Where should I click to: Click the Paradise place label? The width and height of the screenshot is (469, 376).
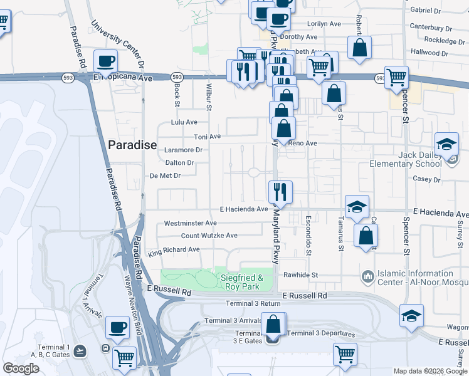(132, 145)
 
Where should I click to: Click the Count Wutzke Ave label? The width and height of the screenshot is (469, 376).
(209, 236)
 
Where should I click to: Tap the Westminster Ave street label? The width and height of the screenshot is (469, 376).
(190, 223)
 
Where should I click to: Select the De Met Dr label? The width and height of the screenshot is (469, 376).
(164, 176)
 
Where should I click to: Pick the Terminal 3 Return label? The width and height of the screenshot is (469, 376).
(253, 304)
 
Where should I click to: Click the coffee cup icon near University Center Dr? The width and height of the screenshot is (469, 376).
(105, 61)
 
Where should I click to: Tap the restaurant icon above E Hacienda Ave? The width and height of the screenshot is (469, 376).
(280, 191)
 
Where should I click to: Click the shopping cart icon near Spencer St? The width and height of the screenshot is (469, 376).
(396, 77)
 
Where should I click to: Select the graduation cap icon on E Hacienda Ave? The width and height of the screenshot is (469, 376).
(357, 206)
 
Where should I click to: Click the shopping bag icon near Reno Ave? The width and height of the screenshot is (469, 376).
(284, 128)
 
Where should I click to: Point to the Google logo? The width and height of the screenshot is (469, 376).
(21, 368)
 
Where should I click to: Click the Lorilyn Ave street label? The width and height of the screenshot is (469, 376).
(324, 24)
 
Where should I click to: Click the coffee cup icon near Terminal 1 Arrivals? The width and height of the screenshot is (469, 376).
(117, 326)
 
